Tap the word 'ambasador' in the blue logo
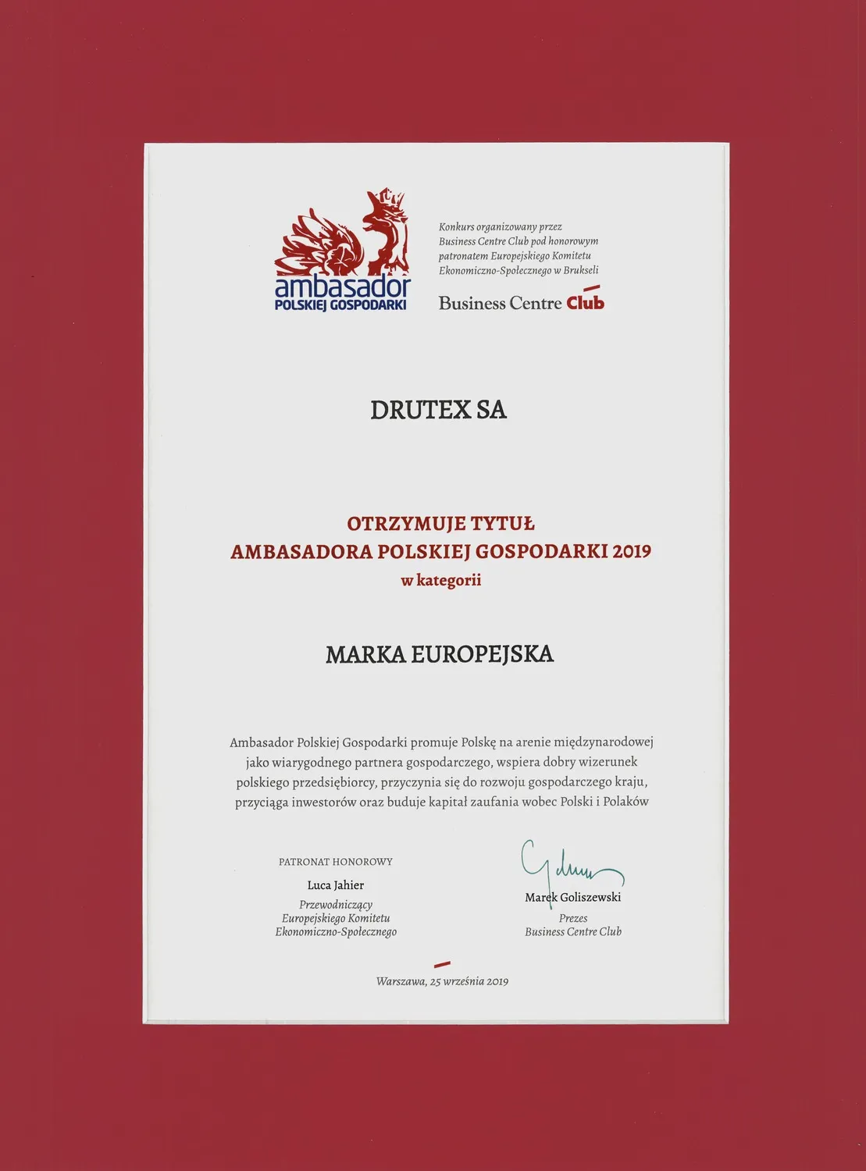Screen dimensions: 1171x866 tap(342, 287)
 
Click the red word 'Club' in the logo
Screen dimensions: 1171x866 tap(585, 302)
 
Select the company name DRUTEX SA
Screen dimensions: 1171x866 tap(438, 410)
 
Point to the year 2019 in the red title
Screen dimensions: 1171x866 tap(632, 551)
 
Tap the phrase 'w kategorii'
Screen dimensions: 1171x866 tap(440, 580)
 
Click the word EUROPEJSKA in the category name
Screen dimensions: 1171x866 tap(482, 654)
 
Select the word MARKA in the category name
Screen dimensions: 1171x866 tap(365, 654)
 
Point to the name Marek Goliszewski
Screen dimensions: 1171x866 tap(573, 897)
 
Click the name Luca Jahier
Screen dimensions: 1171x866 tap(336, 885)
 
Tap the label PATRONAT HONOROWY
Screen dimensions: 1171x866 tap(336, 862)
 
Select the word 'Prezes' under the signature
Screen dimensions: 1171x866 tap(573, 918)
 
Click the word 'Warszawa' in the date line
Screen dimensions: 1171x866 tap(401, 981)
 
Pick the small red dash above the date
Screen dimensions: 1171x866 tap(442, 966)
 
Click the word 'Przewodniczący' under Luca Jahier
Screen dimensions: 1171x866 tap(336, 905)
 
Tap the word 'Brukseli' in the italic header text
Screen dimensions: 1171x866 tap(581, 270)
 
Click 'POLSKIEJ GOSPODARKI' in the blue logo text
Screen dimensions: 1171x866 tap(340, 304)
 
